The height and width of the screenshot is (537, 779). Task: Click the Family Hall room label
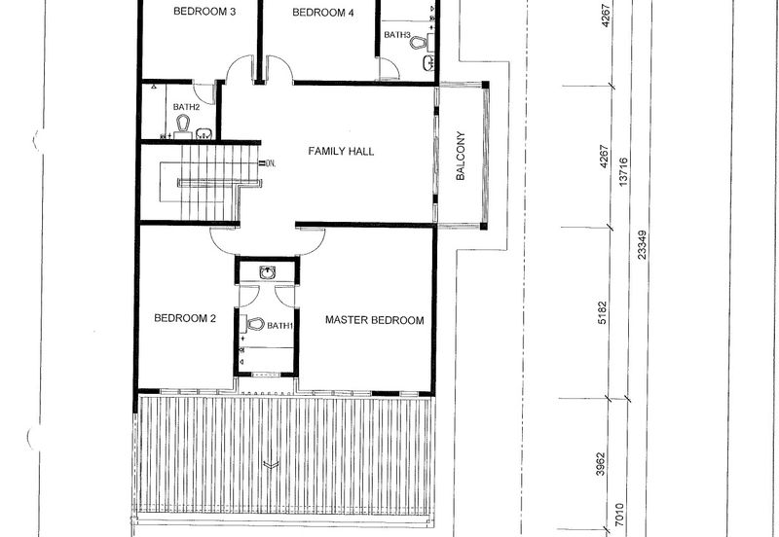(341, 151)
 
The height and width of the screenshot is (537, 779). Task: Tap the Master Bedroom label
(375, 320)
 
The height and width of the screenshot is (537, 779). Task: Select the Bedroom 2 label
(185, 318)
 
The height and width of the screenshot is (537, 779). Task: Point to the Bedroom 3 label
(204, 12)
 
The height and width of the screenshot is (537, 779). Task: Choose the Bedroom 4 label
(323, 13)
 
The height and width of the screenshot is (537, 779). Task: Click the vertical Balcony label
(461, 156)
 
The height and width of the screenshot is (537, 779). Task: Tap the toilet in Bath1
(255, 324)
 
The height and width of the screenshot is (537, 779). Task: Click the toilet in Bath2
(183, 123)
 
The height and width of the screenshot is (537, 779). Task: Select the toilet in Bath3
(419, 43)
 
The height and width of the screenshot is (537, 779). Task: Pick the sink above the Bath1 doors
(268, 272)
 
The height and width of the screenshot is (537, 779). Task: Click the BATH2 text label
(186, 107)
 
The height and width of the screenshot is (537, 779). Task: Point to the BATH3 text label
(397, 35)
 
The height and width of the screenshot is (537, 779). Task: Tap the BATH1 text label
(280, 326)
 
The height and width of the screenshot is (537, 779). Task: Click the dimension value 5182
(602, 312)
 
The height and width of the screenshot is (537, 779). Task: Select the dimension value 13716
(624, 172)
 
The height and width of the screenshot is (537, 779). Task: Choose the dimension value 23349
(642, 245)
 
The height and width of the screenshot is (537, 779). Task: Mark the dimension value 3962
(601, 464)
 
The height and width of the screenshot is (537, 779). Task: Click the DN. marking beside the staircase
(271, 162)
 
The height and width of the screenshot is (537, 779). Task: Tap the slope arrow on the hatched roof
(271, 465)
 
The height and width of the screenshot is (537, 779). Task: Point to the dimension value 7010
(619, 516)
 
